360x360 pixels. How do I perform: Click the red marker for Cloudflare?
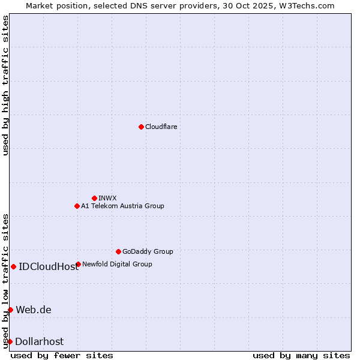coord(141,127)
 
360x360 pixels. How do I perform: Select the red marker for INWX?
coord(94,198)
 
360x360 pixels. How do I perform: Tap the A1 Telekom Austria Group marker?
coord(77,206)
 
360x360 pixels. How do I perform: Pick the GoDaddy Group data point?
coord(118,251)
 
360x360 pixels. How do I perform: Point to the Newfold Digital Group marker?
coord(78,264)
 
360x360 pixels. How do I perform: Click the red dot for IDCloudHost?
coord(13,266)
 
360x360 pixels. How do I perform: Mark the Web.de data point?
coord(10,310)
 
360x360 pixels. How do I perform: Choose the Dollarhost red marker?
coord(10,341)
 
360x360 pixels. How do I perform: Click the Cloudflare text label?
coord(161,127)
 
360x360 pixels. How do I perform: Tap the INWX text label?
coord(107,198)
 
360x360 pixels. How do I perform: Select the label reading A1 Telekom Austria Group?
coord(122,206)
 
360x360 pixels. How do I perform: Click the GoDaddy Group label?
coord(148,251)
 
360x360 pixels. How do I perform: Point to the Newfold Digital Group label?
coord(117,264)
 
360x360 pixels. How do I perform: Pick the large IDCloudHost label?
coord(49,267)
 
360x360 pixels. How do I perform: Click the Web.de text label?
coord(34,310)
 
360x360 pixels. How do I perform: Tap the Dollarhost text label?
coord(39,342)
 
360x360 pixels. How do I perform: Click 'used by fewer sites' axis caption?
coord(62,355)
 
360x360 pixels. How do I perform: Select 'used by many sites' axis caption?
coord(301,355)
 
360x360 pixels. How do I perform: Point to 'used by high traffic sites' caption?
coord(6,86)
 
